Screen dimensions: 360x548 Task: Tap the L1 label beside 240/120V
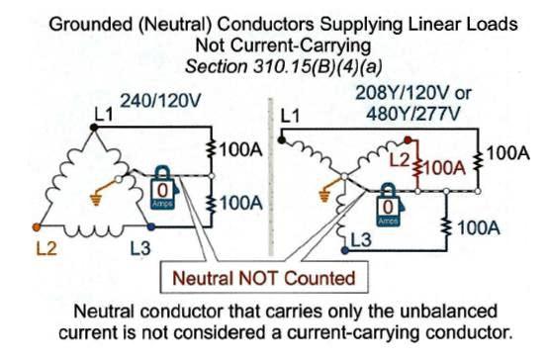[x=102, y=116]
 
